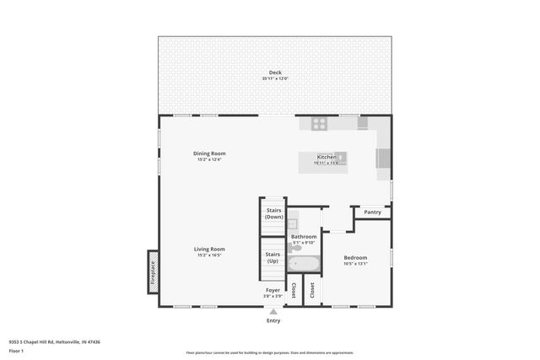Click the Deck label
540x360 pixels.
[x=275, y=73]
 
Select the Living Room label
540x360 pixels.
[x=209, y=249]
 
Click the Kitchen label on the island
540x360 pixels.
[x=327, y=157]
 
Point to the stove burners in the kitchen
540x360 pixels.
[x=319, y=123]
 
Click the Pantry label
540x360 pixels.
[x=373, y=212]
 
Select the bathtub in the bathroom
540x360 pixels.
[x=303, y=264]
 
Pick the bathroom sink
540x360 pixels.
[x=292, y=224]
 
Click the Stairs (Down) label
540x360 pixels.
[x=273, y=213]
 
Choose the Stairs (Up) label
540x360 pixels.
[x=273, y=257]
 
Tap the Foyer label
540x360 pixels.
[x=273, y=290]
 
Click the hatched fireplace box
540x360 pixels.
[x=154, y=271]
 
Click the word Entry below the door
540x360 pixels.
[x=273, y=321]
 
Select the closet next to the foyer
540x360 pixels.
[x=294, y=291]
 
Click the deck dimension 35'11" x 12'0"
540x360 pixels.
[x=275, y=79]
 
